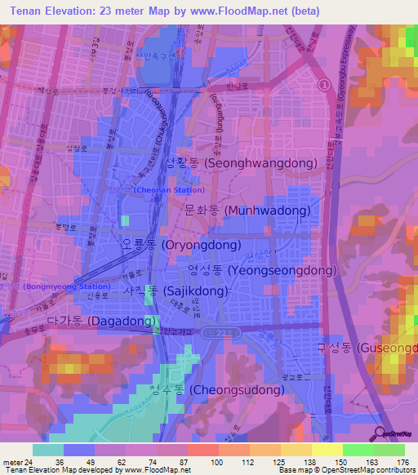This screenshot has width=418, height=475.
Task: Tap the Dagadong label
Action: (x=101, y=322)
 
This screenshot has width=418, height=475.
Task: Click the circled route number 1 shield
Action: (x=324, y=84)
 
